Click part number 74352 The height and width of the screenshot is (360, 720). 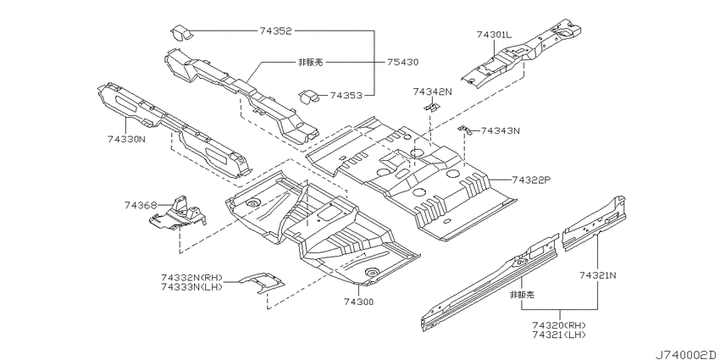tap(275, 30)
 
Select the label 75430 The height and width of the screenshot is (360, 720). tap(402, 62)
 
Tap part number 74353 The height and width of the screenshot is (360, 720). tap(346, 96)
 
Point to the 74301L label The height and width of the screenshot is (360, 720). tap(494, 35)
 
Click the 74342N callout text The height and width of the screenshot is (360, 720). tap(432, 91)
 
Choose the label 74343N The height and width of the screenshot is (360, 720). tap(500, 130)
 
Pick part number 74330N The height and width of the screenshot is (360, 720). tap(126, 138)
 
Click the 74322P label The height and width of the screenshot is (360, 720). tap(530, 180)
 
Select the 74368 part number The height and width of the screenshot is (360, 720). tap(140, 205)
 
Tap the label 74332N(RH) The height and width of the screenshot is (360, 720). tap(192, 278)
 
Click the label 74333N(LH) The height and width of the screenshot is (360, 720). tap(192, 287)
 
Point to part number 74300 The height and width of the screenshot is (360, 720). tap(358, 302)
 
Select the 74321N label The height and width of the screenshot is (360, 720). tap(598, 275)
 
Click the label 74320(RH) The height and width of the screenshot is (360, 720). tap(559, 325)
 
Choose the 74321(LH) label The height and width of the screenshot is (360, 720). tap(559, 335)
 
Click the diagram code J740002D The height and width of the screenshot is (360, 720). tap(686, 354)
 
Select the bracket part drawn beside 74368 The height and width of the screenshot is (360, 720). tap(177, 213)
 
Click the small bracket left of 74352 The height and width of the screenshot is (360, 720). tap(180, 34)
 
